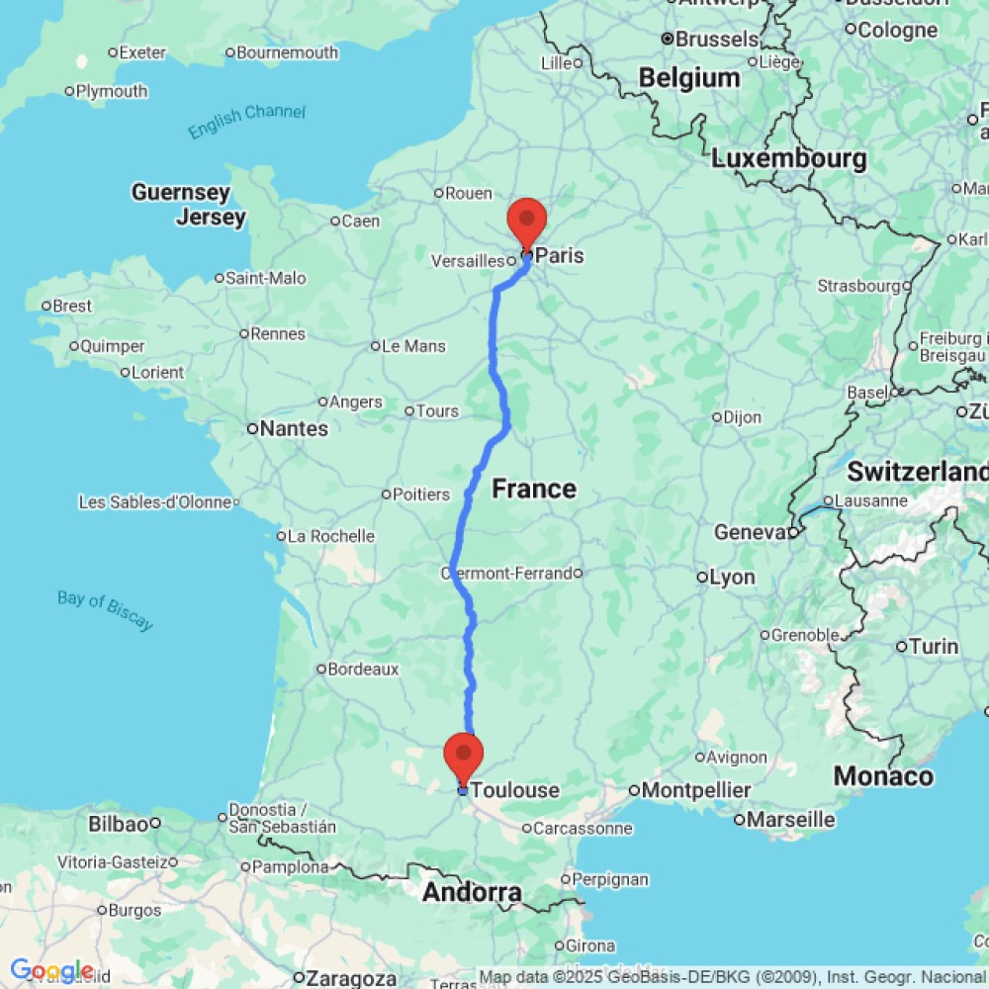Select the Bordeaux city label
click(x=364, y=670)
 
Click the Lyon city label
click(x=733, y=577)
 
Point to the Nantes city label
click(x=295, y=428)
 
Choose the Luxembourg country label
click(x=788, y=158)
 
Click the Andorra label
click(x=472, y=892)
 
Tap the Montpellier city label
click(x=697, y=790)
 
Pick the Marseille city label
click(x=790, y=819)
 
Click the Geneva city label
click(x=750, y=533)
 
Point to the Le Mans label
click(x=413, y=346)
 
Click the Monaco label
click(x=883, y=776)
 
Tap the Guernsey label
click(x=180, y=192)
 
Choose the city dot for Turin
click(x=902, y=647)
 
